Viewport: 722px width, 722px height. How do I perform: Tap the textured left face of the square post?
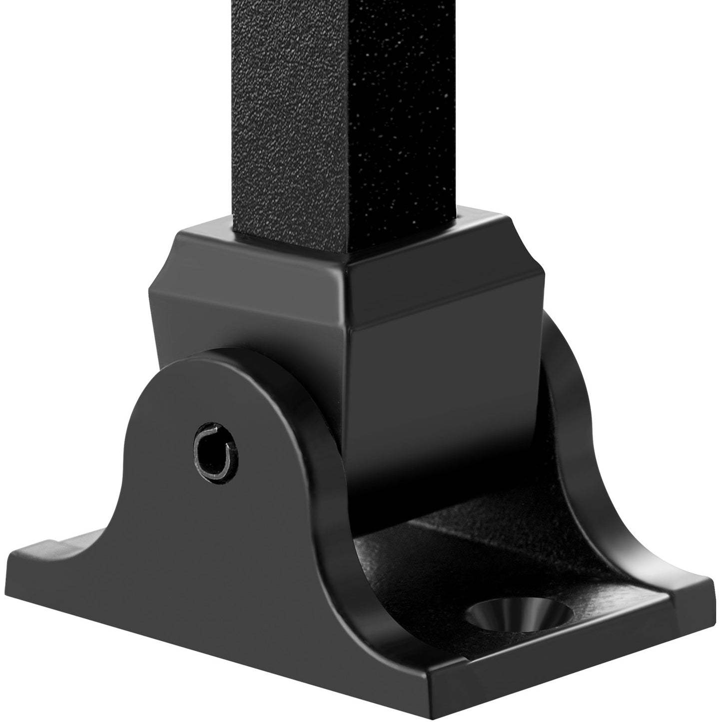coord(290,125)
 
